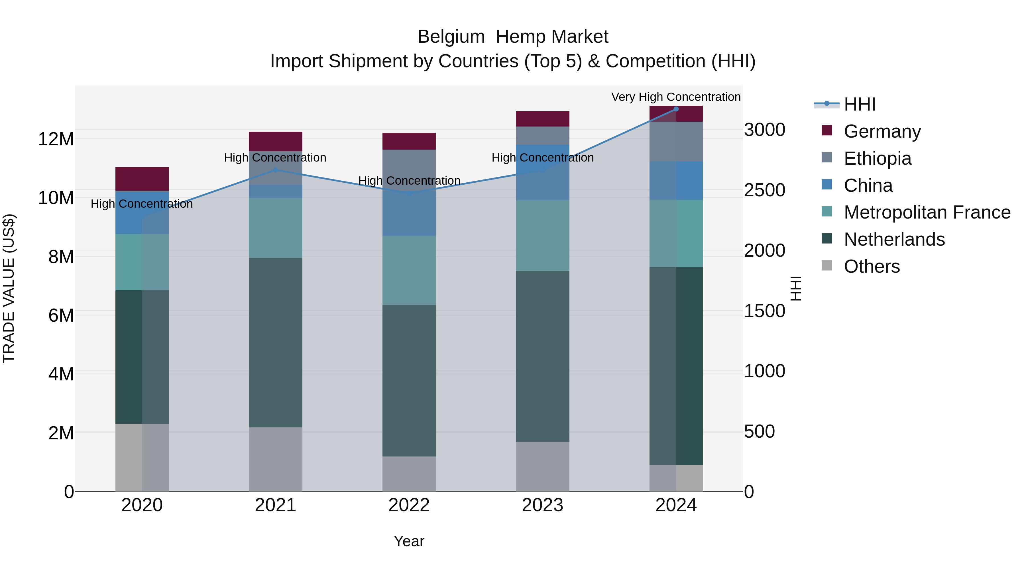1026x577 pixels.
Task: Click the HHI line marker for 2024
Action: click(x=676, y=109)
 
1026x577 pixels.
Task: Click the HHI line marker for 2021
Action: click(x=275, y=170)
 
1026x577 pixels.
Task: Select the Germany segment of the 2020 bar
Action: click(x=142, y=179)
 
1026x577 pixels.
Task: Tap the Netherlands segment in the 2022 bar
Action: click(x=409, y=380)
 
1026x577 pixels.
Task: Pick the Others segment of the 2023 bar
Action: click(x=542, y=466)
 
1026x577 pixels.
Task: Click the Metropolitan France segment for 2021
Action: click(x=275, y=228)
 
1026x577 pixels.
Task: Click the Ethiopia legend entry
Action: click(x=878, y=158)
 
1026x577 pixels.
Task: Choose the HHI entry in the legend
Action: click(x=860, y=104)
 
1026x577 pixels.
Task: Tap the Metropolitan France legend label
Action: click(x=927, y=212)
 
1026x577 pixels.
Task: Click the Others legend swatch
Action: click(x=827, y=266)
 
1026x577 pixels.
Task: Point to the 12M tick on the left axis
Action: click(x=56, y=139)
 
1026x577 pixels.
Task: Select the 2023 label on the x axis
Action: click(x=542, y=505)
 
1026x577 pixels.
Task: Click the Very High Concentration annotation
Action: click(x=676, y=97)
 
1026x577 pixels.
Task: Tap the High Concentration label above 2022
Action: click(x=409, y=180)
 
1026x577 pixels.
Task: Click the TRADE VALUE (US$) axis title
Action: click(x=9, y=288)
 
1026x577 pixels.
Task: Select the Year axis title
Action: click(x=409, y=541)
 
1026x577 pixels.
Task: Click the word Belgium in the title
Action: click(x=451, y=37)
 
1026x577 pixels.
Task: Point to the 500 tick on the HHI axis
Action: click(x=759, y=432)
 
